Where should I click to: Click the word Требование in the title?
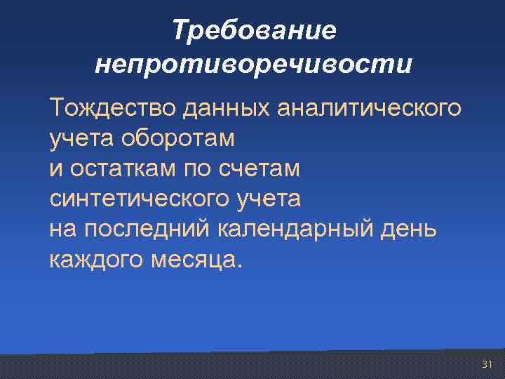pos(254,30)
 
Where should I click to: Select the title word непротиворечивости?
pos(253,65)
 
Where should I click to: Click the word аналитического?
pos(370,109)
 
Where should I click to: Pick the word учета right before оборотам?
pos(76,139)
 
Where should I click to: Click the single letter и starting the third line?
pos(55,169)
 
